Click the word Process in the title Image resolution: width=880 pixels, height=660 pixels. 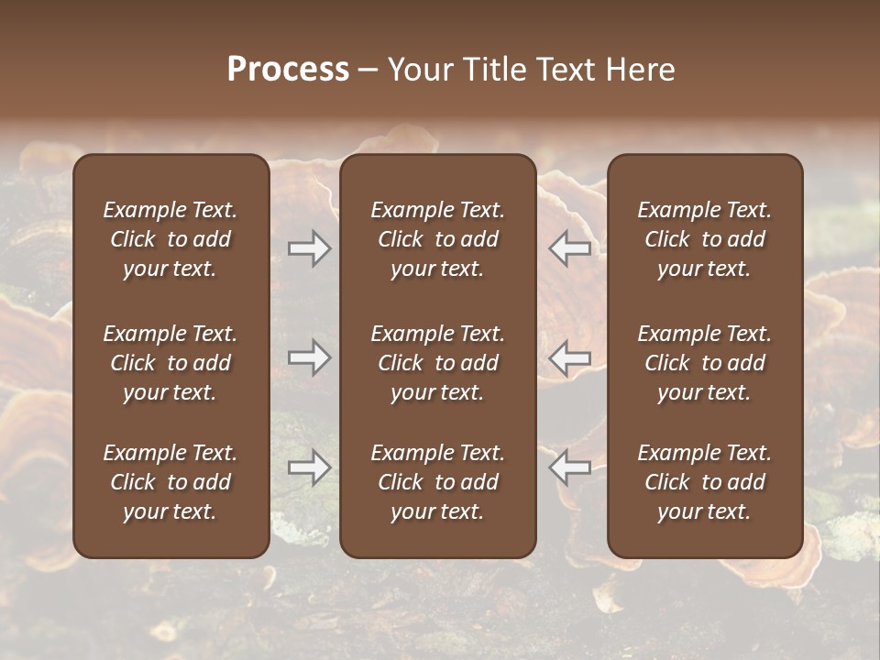[x=288, y=70]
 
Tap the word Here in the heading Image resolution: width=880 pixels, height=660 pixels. [x=639, y=70]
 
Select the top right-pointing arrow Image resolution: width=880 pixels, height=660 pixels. [x=309, y=248]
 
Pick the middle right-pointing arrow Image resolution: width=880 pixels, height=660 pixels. [x=309, y=357]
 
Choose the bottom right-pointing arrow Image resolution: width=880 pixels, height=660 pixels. [x=309, y=467]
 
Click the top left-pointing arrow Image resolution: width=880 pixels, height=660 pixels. [x=570, y=248]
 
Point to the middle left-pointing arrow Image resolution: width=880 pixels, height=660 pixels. [x=570, y=357]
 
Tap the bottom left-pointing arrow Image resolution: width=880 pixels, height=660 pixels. [x=570, y=467]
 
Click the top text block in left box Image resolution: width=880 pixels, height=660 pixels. [x=170, y=239]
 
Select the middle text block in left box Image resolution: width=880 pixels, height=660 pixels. [x=170, y=363]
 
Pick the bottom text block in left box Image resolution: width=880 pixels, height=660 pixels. [x=170, y=482]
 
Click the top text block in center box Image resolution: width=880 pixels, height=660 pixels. [x=438, y=239]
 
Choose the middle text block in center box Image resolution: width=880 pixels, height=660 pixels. [x=438, y=363]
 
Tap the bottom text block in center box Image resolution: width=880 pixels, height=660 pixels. [x=438, y=482]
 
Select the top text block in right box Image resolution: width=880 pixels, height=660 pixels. [x=705, y=239]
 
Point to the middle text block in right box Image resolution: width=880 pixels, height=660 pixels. [x=705, y=363]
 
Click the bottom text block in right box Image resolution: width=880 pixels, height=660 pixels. [x=705, y=482]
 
